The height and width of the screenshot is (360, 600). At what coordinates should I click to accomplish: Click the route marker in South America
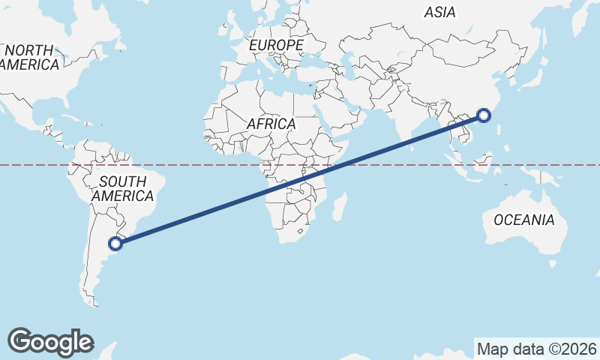[115, 243]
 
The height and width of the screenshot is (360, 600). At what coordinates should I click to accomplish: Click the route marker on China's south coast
[484, 115]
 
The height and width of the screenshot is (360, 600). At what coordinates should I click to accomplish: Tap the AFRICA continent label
[271, 124]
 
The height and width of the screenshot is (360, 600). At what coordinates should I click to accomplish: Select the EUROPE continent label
[276, 46]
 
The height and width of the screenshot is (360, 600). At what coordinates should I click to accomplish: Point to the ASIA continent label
[439, 12]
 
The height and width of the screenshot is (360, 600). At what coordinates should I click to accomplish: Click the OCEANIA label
[524, 220]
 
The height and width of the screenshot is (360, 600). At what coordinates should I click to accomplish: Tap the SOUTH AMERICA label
[122, 188]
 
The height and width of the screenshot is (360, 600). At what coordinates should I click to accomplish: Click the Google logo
[50, 341]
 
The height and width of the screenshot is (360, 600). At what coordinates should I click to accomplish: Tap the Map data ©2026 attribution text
[536, 349]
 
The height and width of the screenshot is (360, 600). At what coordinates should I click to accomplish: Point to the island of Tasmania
[553, 263]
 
